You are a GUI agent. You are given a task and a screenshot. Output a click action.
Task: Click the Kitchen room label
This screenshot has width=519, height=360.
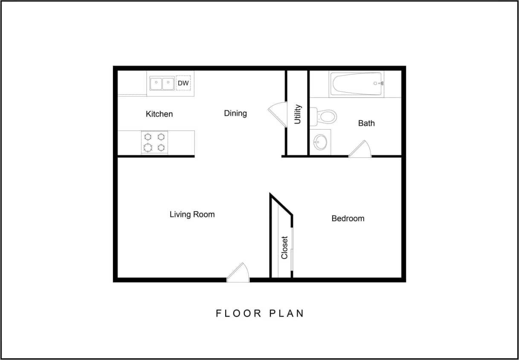coord(159,114)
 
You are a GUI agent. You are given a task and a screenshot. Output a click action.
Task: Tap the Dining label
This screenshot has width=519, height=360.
coord(235,113)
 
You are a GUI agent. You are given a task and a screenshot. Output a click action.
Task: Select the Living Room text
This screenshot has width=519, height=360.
coord(192,214)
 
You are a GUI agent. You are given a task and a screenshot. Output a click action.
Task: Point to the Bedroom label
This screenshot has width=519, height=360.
coord(348,218)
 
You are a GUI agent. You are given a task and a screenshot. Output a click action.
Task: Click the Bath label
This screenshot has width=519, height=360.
coord(366,123)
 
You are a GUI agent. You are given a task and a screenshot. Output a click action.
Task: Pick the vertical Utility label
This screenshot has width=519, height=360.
coord(298,114)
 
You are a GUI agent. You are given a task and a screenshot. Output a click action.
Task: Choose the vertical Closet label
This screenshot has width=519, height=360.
coord(284,248)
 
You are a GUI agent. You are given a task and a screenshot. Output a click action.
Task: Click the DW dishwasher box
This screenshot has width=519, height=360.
coord(183,83)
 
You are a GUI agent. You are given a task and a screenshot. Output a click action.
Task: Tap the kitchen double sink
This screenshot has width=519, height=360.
coord(162,83)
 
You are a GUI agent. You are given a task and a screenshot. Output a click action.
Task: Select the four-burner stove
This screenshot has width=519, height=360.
coord(154,142)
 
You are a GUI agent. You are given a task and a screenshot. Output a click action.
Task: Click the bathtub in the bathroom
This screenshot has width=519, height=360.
coord(357,84)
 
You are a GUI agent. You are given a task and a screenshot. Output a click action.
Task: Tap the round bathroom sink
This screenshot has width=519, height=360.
coord(320,142)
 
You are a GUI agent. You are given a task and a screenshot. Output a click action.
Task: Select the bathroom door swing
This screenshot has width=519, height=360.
coord(360,149)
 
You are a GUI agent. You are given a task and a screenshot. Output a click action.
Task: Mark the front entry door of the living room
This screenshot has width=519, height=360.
coord(238,273)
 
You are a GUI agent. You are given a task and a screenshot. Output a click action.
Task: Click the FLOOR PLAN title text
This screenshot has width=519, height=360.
coord(260,314)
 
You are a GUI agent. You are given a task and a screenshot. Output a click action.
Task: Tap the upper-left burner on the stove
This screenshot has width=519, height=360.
coord(148,136)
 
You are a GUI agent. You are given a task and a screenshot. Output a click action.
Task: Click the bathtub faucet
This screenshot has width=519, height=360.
coord(378,84)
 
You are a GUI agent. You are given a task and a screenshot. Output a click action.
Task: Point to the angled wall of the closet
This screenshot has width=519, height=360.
coord(281,204)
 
